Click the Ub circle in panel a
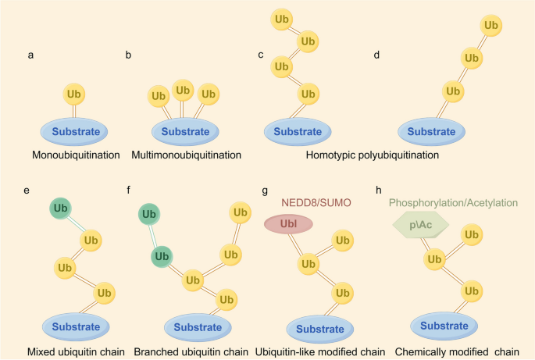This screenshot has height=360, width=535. (75, 94)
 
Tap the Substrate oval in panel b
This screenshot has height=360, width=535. (185, 130)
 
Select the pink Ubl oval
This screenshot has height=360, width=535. (289, 223)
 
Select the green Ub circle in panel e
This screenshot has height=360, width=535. (61, 209)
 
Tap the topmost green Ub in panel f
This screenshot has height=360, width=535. (150, 213)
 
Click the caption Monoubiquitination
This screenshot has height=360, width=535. (75, 155)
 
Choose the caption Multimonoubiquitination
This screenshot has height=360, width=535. (185, 155)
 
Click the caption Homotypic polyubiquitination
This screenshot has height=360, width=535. (373, 155)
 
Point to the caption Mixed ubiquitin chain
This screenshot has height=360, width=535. (75, 350)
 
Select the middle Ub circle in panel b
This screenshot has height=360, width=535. (183, 91)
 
